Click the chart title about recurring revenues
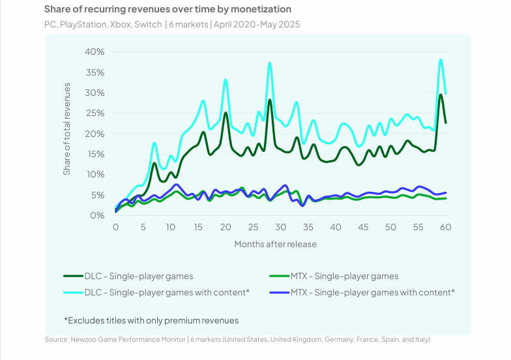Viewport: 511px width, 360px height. pyautogui.click(x=168, y=10)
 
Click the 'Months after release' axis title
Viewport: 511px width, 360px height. pyautogui.click(x=275, y=245)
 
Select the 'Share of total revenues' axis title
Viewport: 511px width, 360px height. pyautogui.click(x=67, y=134)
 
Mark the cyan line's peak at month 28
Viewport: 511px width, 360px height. pyautogui.click(x=270, y=63)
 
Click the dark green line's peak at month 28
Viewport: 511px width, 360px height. pyautogui.click(x=270, y=100)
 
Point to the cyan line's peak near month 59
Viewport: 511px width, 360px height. pyautogui.click(x=441, y=59)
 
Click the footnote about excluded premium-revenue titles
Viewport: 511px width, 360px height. pyautogui.click(x=151, y=320)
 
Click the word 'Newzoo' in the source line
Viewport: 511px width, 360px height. pyautogui.click(x=87, y=339)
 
